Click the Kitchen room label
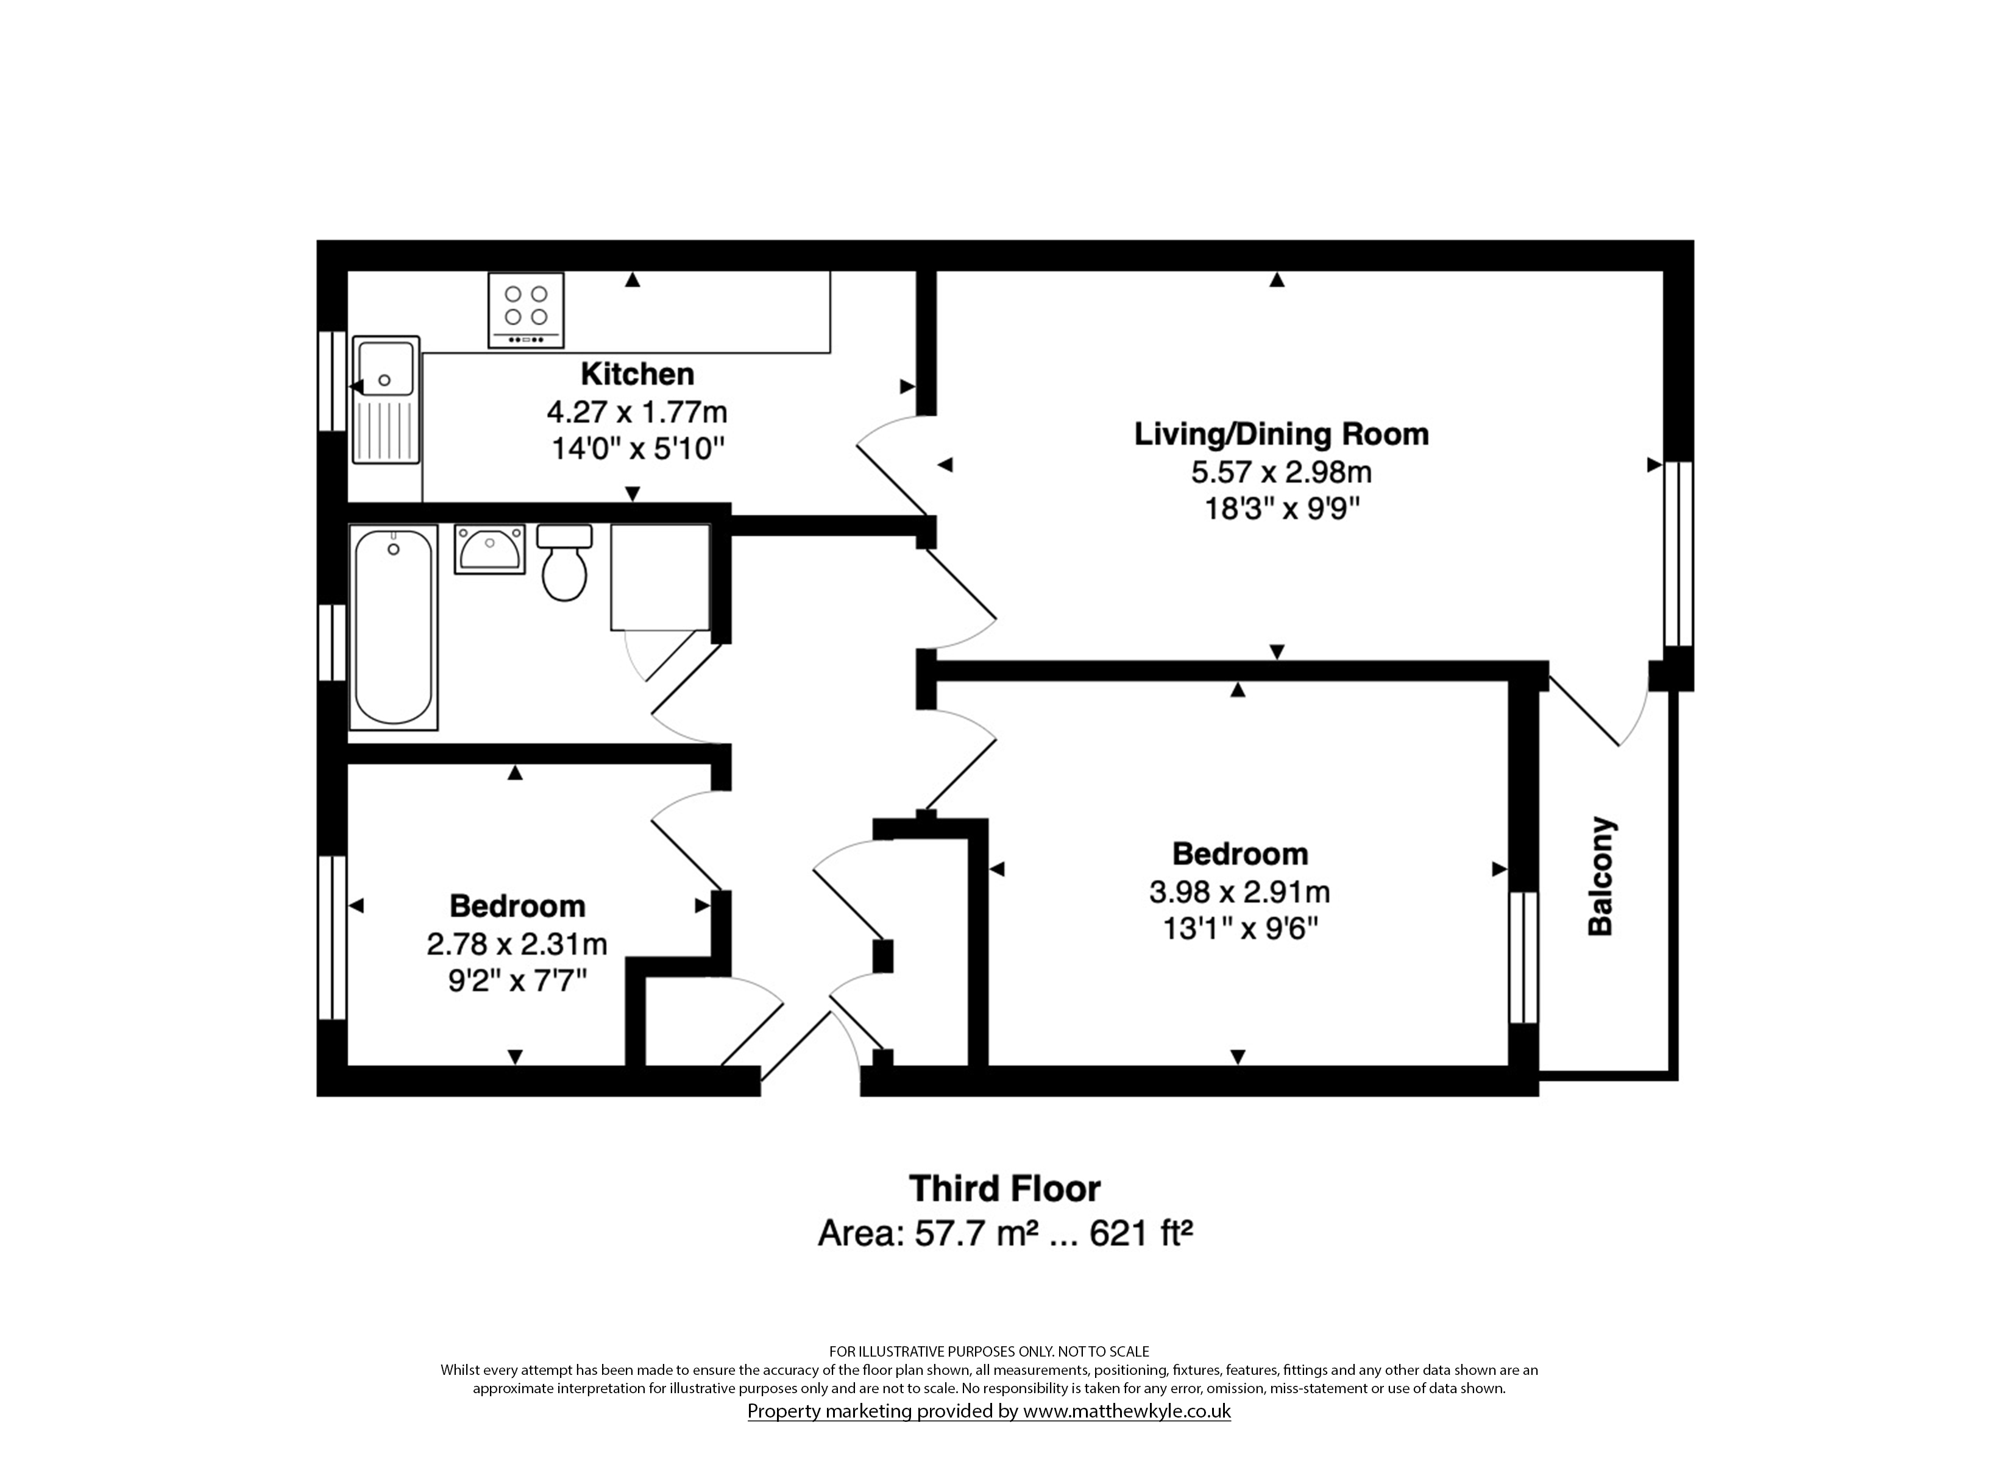(637, 374)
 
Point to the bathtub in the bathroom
(394, 627)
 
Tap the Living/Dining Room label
(1282, 434)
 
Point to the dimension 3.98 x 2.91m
(1239, 892)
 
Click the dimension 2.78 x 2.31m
(517, 944)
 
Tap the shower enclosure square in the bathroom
(661, 577)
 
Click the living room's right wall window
(1678, 553)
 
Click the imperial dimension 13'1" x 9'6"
(1240, 929)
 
